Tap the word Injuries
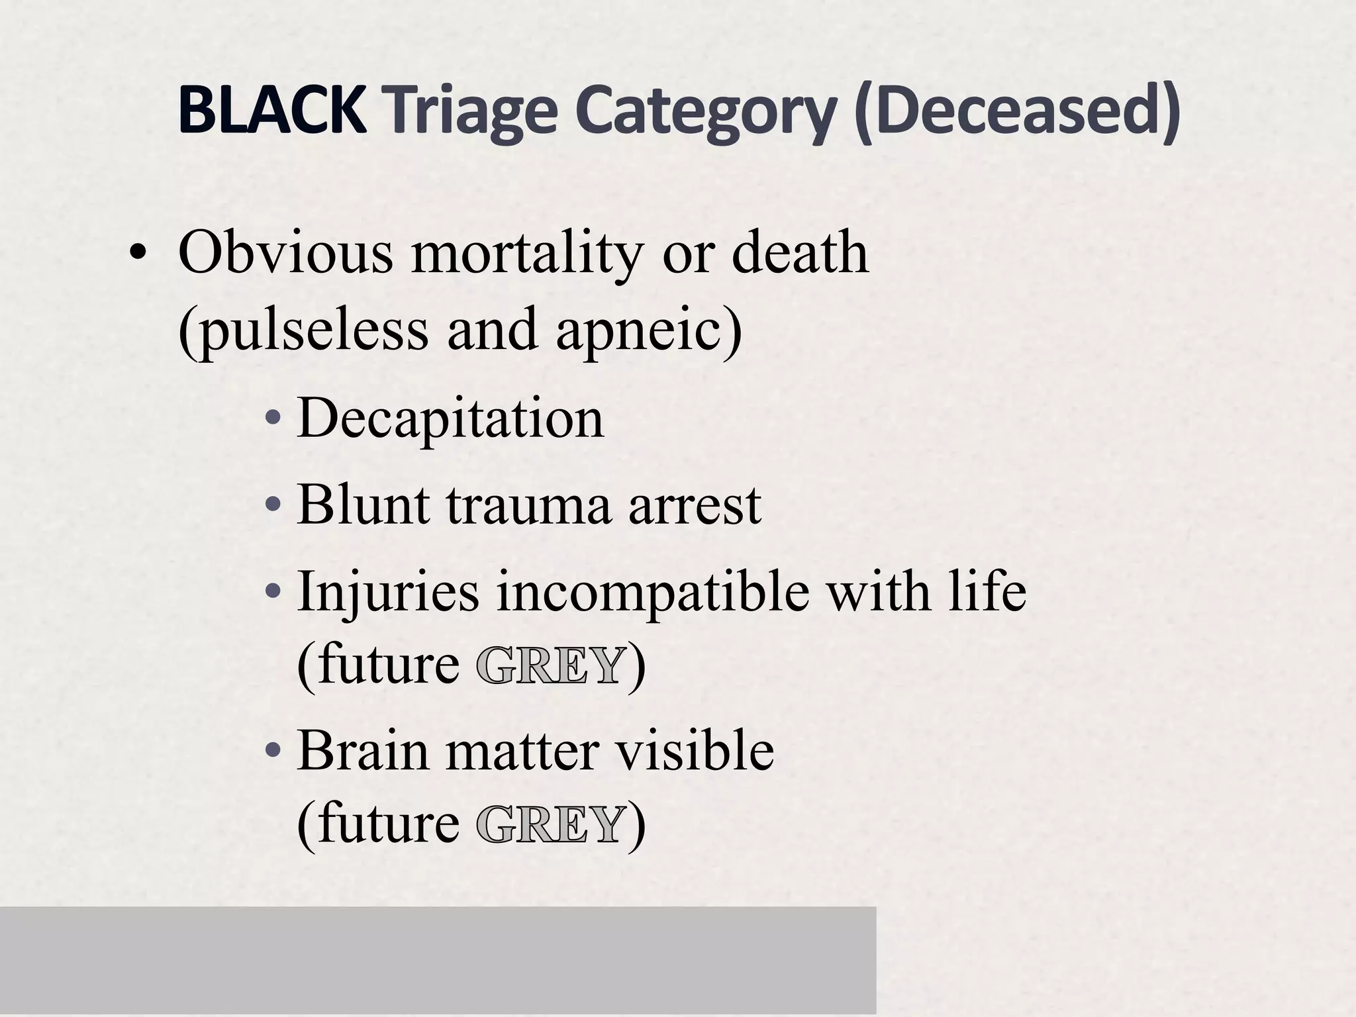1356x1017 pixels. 388,591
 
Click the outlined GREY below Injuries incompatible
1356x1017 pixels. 550,666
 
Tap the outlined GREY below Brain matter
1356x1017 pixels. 550,825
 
